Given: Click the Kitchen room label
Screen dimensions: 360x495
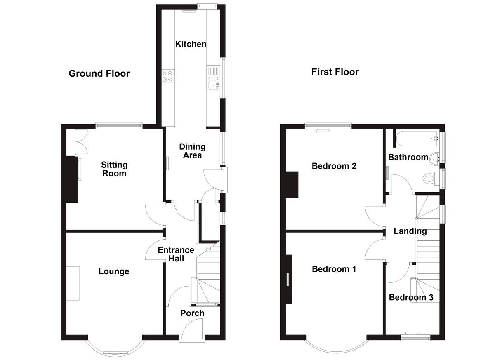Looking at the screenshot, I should pos(191,44).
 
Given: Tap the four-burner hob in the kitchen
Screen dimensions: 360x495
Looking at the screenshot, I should pos(168,76).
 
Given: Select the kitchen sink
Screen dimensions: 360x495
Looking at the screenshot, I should pos(213,85).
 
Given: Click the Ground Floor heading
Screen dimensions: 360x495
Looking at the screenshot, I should pos(99,73).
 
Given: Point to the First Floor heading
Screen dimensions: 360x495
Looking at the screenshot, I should pos(335,72).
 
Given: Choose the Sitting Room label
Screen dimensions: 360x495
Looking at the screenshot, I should pos(114,169).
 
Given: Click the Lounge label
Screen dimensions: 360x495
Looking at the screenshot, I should pos(114,271).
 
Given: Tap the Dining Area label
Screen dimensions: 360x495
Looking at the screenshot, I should pos(192,151).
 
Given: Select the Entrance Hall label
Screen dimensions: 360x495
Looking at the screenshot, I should pos(176,254).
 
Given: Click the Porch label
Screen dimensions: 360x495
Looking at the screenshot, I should pos(192,313).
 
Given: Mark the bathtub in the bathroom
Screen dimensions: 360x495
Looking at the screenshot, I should pos(417,139).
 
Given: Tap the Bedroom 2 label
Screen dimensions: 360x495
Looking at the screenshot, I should pos(334,166).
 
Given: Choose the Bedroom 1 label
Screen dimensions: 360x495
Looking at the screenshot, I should pos(334,269).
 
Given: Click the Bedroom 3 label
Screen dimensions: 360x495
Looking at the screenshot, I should pos(411,297).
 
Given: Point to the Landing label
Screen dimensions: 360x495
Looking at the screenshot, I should pos(410,231).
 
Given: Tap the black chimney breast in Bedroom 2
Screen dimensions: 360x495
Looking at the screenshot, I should pos(292,185).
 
